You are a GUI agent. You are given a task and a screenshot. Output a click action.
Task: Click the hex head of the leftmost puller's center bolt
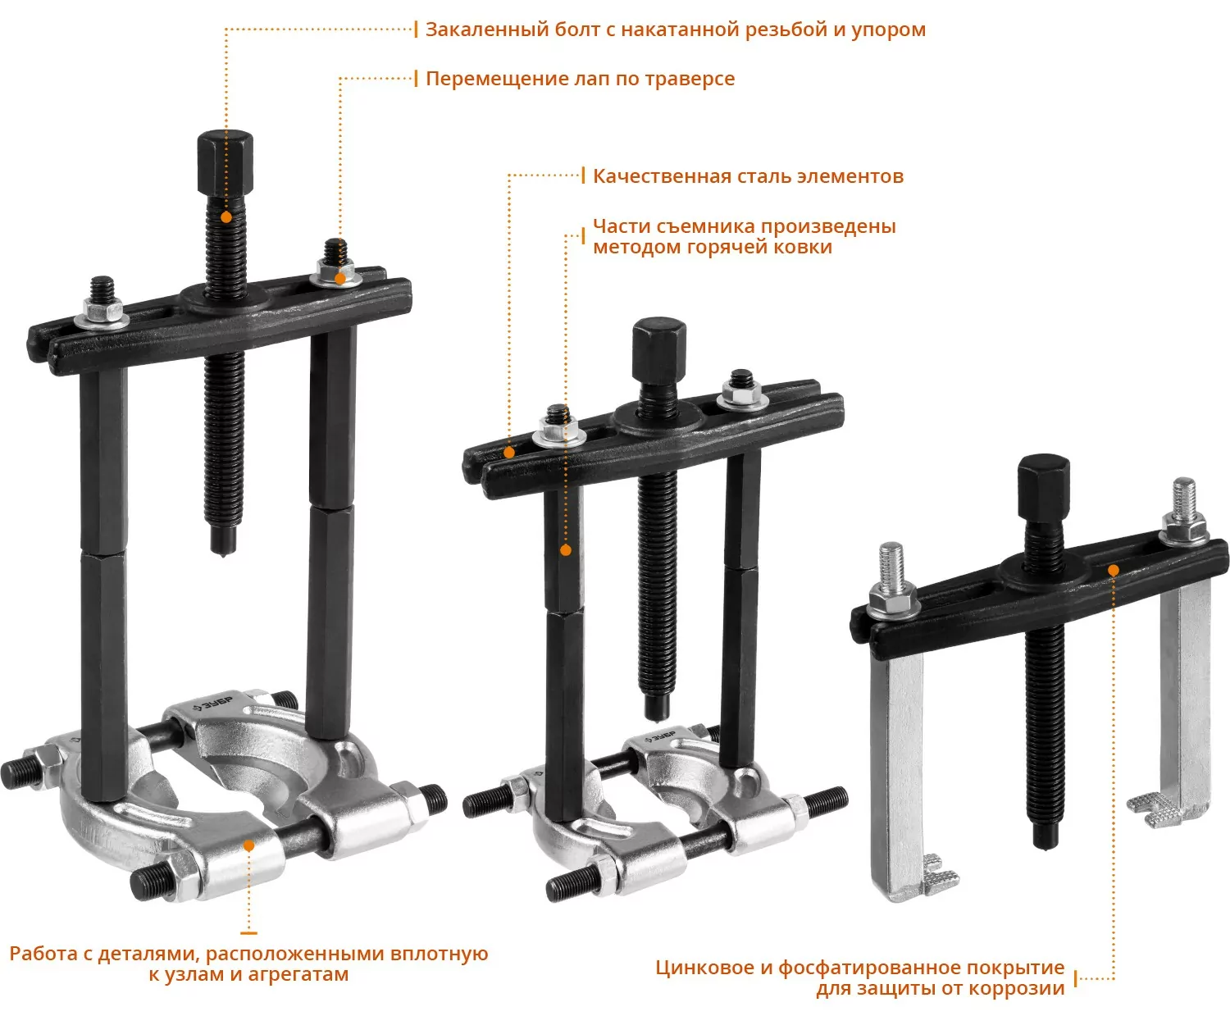click(x=225, y=164)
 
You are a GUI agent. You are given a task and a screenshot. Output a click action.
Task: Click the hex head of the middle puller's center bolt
click(x=659, y=350)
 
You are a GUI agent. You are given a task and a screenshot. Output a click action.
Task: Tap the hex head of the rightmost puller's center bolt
click(x=1044, y=486)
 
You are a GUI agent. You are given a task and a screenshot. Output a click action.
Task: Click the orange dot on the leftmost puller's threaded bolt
click(x=226, y=217)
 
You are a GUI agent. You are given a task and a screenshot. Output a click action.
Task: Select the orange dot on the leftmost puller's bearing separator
click(x=249, y=845)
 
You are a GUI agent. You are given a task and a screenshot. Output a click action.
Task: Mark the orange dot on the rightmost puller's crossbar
click(x=1114, y=570)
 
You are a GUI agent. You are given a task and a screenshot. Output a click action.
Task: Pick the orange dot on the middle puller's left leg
click(x=566, y=550)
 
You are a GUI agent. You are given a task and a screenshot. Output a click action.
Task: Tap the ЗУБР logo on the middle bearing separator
click(x=660, y=737)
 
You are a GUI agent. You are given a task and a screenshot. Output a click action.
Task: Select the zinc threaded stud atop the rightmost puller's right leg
click(x=1184, y=499)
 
